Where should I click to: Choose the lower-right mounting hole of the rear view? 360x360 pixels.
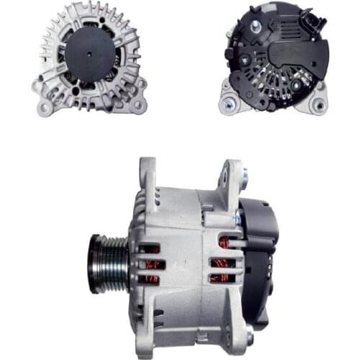click(x=318, y=105)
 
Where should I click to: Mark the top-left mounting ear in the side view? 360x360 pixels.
click(x=148, y=171)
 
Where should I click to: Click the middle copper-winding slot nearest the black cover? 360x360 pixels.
click(x=221, y=261)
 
